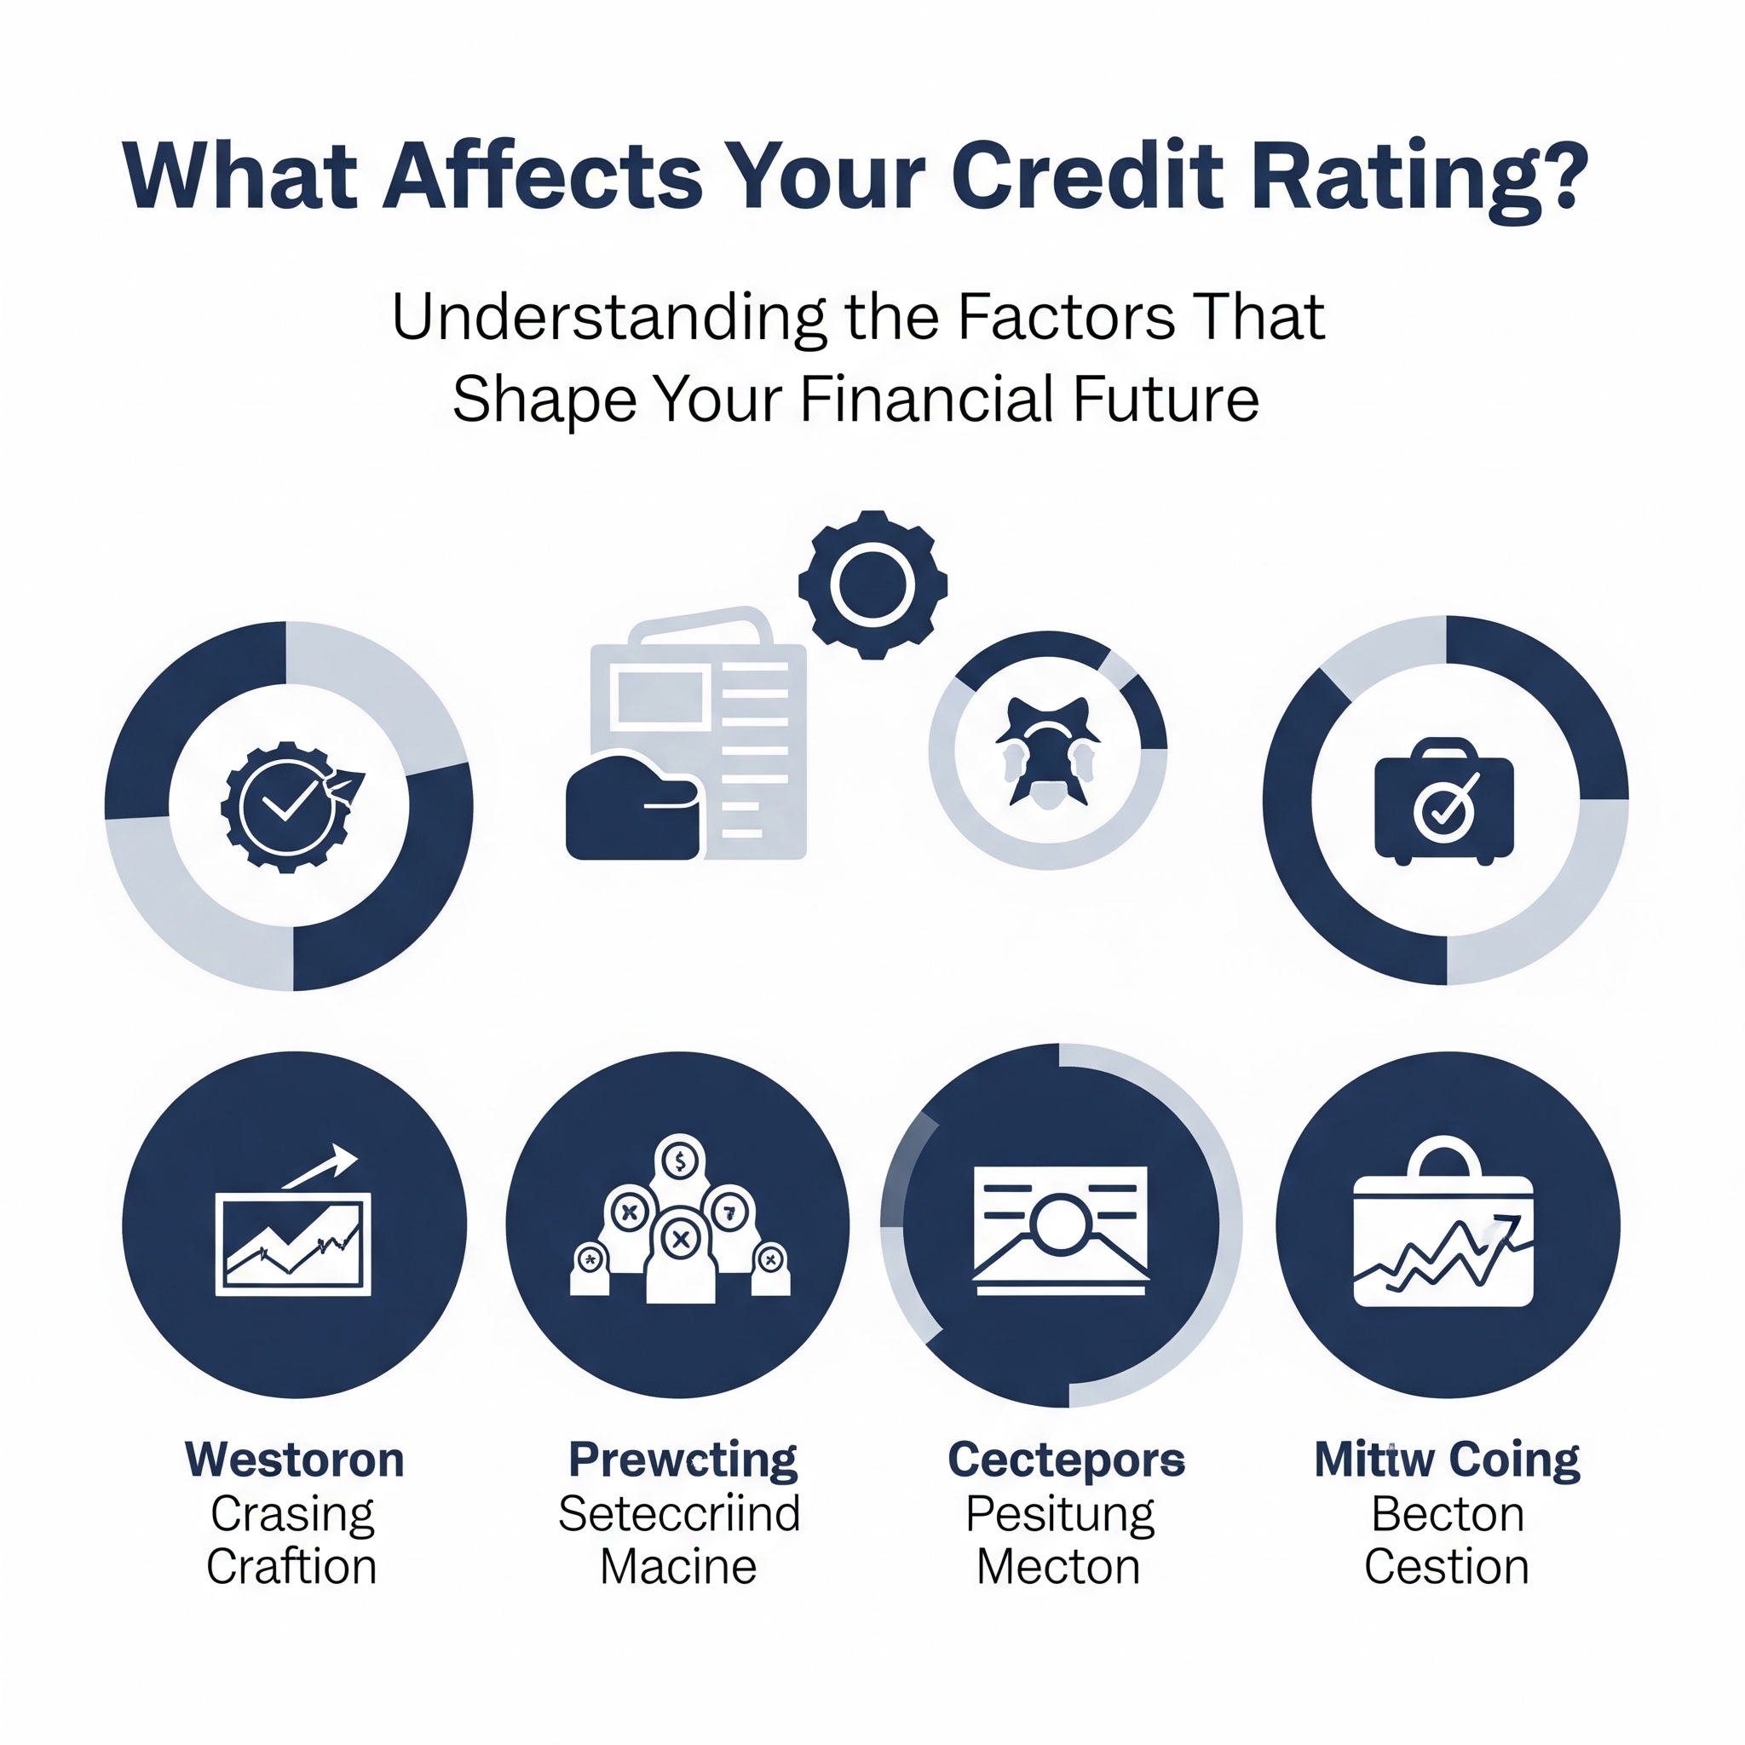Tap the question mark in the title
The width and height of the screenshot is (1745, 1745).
coord(1560,176)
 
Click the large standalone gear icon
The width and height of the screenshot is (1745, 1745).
coord(872,585)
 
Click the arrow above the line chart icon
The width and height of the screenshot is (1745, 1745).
coord(320,1168)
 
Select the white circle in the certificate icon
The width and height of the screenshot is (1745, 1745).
coord(1062,1224)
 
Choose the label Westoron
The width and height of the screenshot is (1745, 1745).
coord(295,1460)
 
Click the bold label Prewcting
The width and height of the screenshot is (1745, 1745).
coord(682,1460)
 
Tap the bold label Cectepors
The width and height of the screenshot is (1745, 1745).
coord(1066,1460)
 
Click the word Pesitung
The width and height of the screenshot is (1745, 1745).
coord(1059,1517)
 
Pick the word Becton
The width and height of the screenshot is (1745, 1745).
coord(1448,1515)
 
